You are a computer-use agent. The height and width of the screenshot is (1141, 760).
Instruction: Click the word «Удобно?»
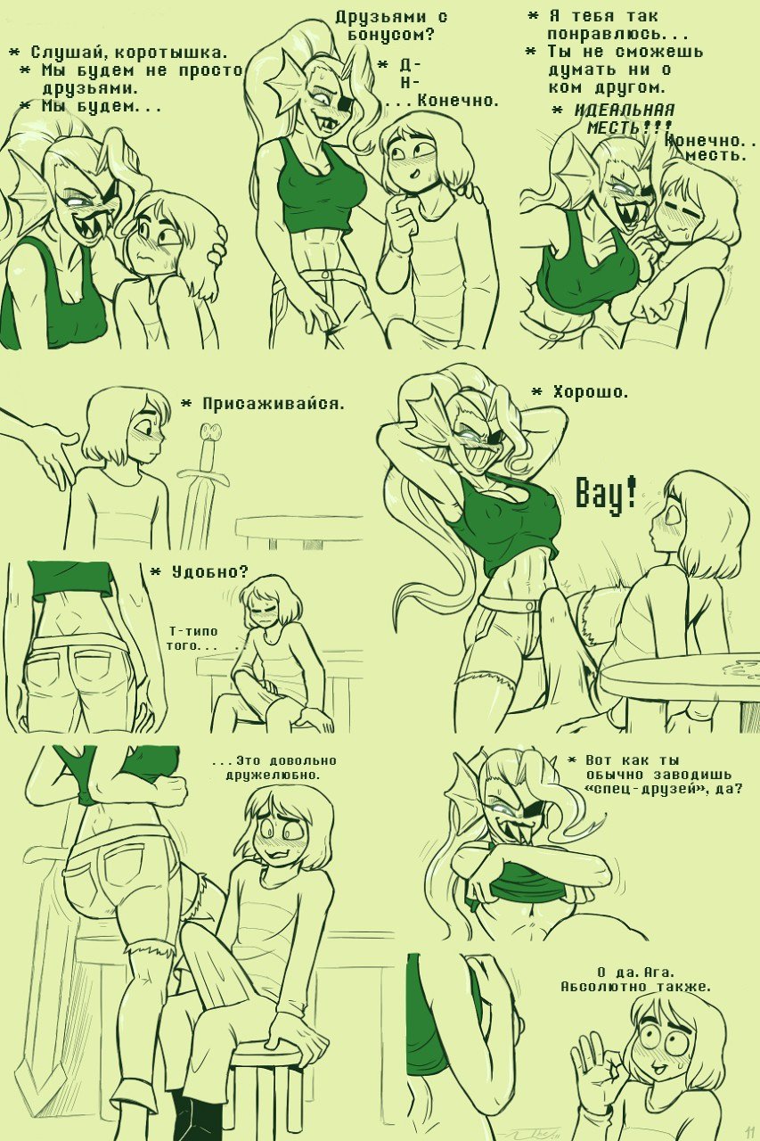pos(209,572)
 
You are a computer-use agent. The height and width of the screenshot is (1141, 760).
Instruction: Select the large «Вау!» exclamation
pos(606,492)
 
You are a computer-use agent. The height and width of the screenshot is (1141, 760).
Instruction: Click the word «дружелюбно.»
pos(273,776)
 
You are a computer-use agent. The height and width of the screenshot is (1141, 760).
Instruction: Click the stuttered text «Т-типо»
pos(193,632)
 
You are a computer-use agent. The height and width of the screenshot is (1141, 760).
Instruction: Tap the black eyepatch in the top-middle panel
pos(346,104)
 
